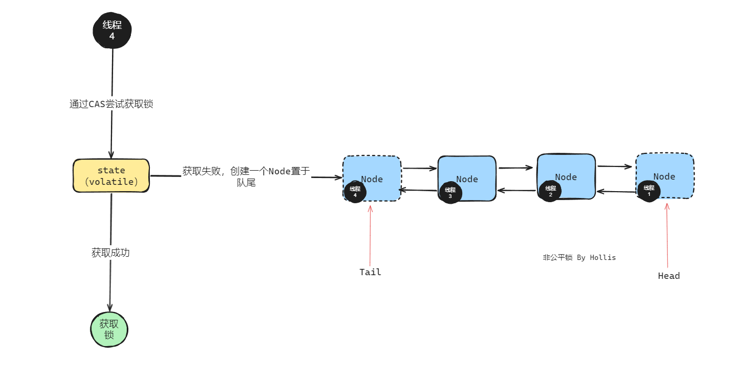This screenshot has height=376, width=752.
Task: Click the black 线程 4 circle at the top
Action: tap(112, 31)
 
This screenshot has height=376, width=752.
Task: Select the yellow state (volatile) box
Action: tap(111, 176)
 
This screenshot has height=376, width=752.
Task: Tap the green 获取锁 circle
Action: tap(109, 330)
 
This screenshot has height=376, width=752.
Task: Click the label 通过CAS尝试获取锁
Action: tap(111, 104)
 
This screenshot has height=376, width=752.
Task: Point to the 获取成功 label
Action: tap(110, 253)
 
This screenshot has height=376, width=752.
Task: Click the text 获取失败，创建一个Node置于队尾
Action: tap(246, 176)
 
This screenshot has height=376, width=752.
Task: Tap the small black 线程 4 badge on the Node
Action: tap(355, 192)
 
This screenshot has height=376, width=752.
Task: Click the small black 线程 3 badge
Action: tap(450, 193)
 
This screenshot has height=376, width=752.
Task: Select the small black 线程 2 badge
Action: tap(550, 191)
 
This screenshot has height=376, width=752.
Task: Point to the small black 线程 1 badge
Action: tap(648, 191)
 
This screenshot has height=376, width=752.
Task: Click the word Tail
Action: tap(370, 272)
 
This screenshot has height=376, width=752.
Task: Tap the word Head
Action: tap(668, 276)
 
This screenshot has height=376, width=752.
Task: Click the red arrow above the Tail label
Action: tap(370, 236)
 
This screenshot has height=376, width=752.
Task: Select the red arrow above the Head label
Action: tap(667, 236)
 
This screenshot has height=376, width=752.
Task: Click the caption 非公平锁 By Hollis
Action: tap(579, 257)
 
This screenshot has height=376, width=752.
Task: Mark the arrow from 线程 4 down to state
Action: tap(112, 131)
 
